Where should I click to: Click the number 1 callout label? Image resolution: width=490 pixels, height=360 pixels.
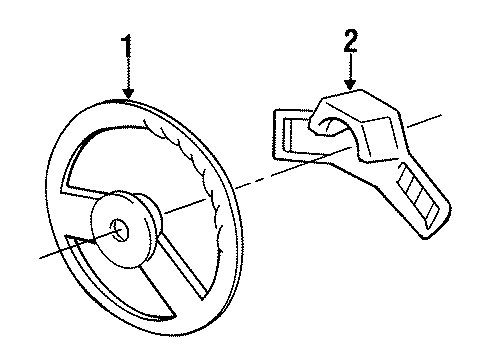tap(126, 47)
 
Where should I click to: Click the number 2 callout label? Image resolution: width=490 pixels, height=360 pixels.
tap(350, 41)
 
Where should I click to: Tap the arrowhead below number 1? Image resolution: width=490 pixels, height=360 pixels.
tap(127, 94)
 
